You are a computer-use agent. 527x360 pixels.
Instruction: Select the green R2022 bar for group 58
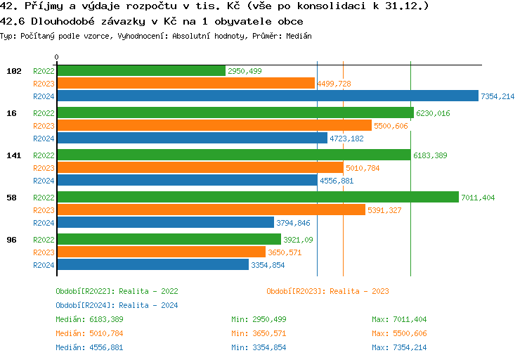[x=257, y=198]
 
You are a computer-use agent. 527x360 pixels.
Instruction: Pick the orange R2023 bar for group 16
[x=214, y=126]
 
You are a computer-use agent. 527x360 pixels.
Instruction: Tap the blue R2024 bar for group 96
[x=152, y=265]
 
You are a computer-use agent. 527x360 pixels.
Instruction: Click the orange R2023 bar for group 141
[x=200, y=168]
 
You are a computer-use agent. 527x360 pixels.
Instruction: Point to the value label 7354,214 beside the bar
[x=497, y=96]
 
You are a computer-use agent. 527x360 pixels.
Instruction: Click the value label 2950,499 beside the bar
[x=245, y=71]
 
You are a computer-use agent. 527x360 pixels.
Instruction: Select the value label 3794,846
[x=293, y=223]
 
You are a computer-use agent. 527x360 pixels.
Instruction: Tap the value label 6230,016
[x=433, y=113]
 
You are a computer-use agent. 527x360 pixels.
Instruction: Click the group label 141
[x=11, y=155]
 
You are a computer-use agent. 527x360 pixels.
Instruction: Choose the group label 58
[x=11, y=198]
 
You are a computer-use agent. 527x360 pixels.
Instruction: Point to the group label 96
[x=11, y=240]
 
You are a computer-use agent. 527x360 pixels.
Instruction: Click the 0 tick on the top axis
[x=57, y=57]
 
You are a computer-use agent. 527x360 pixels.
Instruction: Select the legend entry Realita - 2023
[x=327, y=291]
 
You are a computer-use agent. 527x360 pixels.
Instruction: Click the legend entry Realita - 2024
[x=117, y=305]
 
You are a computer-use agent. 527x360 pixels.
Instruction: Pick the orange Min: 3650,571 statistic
[x=259, y=333]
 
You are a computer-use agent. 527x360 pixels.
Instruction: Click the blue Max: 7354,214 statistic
[x=399, y=347]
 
